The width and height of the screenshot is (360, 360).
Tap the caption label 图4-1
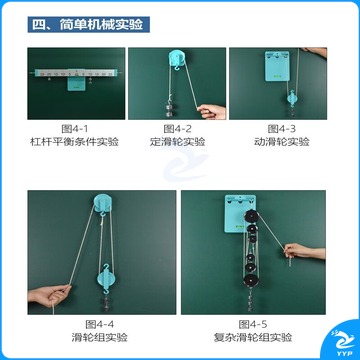tap(75, 129)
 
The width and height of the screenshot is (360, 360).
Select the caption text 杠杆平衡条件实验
tap(75, 142)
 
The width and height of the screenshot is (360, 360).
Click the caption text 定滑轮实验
tap(177, 142)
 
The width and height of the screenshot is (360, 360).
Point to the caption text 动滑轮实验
tap(282, 142)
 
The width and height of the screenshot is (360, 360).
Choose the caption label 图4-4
tap(99, 324)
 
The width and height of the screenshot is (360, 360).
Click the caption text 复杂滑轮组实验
tap(253, 337)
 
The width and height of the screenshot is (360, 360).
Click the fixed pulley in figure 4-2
tap(178, 59)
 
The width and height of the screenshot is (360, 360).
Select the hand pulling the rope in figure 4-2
tap(211, 111)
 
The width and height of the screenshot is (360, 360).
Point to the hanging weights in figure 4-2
tap(169, 108)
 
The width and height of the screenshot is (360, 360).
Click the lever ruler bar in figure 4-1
tap(76, 73)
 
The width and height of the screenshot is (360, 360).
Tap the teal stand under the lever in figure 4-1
tap(76, 84)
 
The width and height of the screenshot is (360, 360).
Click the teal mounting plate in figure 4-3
tap(277, 66)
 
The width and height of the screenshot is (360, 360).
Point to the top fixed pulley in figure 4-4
tap(103, 202)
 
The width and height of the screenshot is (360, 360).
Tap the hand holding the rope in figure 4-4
tap(49, 295)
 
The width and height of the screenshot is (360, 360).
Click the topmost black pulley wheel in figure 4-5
tap(251, 217)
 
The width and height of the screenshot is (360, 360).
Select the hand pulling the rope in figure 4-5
tap(304, 251)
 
